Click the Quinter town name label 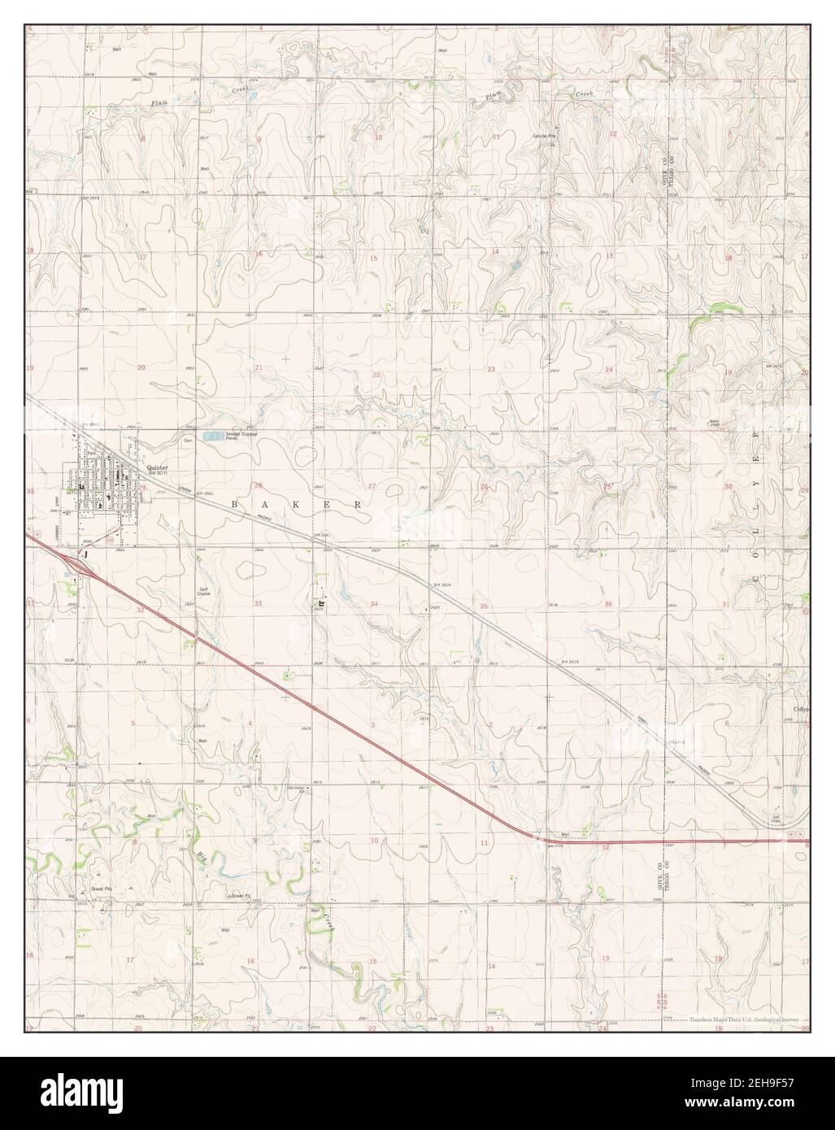coord(157,467)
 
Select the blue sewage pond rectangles coord(212,437)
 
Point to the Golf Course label coord(204,593)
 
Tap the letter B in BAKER coord(236,504)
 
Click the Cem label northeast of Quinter coord(187,441)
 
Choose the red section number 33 coord(259,604)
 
